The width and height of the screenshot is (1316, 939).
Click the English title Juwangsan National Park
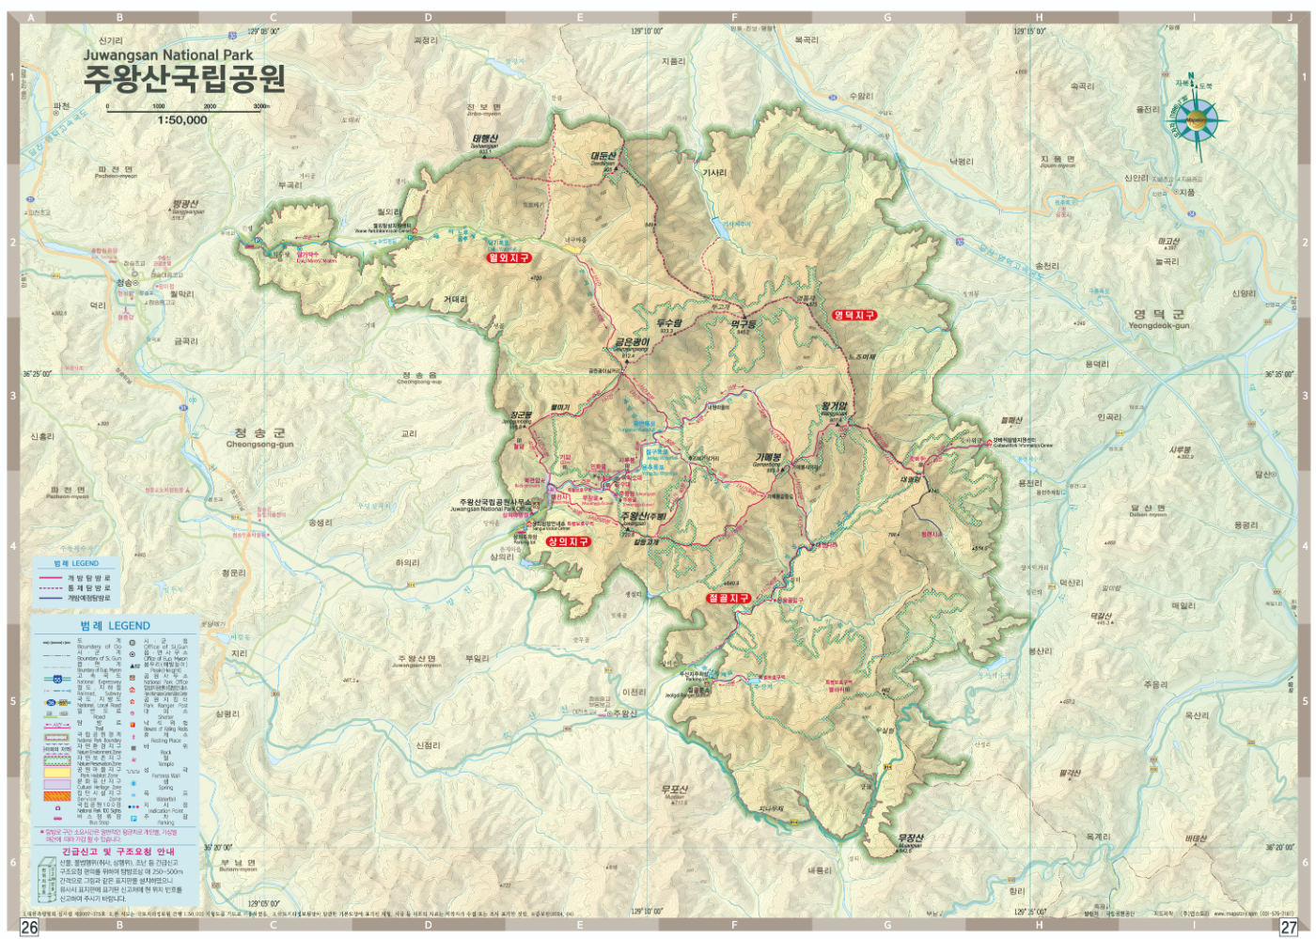pyautogui.click(x=167, y=55)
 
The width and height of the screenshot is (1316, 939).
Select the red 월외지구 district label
pyautogui.click(x=509, y=258)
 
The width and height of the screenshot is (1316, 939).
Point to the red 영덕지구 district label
pyautogui.click(x=854, y=315)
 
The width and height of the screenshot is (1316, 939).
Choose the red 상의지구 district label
pyautogui.click(x=569, y=541)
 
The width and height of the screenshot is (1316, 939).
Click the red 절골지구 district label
pyautogui.click(x=728, y=598)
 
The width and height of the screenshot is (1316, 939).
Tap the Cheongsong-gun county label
pyautogui.click(x=259, y=438)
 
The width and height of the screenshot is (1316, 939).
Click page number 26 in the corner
pyautogui.click(x=29, y=927)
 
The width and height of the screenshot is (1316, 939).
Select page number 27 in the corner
pyautogui.click(x=1288, y=927)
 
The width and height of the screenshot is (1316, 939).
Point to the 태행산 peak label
pyautogui.click(x=484, y=140)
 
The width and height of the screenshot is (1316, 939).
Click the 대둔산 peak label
pyautogui.click(x=603, y=157)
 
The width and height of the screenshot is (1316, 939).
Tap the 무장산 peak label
pyautogui.click(x=910, y=838)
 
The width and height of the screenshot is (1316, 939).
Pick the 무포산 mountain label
pyautogui.click(x=674, y=790)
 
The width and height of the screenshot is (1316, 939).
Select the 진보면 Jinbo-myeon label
pyautogui.click(x=484, y=108)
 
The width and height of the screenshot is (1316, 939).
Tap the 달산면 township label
pyautogui.click(x=1148, y=509)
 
